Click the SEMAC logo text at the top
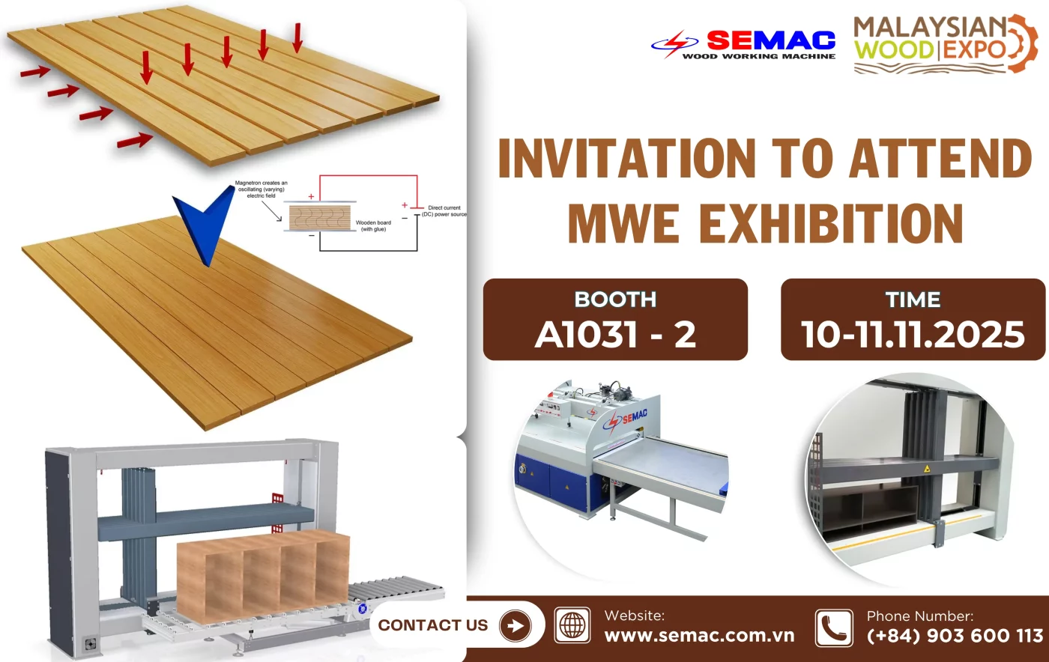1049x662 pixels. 770,40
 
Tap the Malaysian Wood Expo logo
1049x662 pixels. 944,43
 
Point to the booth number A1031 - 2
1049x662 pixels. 615,334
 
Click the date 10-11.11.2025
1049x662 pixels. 913,334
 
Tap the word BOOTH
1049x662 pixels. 615,300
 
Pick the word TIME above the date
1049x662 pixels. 913,300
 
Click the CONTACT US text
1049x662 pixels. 432,625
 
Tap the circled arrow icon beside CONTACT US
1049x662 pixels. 515,625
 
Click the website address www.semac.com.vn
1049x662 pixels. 699,636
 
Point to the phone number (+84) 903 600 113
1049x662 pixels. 955,636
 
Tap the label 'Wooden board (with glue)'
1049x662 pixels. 373,225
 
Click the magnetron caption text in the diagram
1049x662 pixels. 261,189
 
